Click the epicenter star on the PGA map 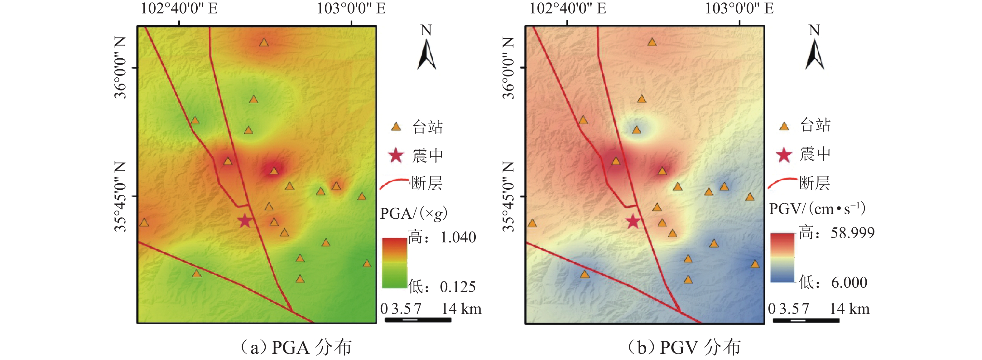click(x=245, y=221)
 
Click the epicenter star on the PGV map click(x=633, y=221)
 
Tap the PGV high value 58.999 click(x=852, y=233)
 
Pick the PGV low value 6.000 click(x=849, y=283)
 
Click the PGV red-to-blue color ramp click(x=782, y=257)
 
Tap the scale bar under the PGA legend click(x=418, y=319)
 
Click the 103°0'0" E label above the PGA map click(x=351, y=8)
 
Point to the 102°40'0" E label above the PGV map click(x=567, y=8)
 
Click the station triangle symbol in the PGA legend click(x=396, y=127)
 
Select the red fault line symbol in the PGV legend click(x=782, y=183)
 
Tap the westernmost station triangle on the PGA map click(x=144, y=223)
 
